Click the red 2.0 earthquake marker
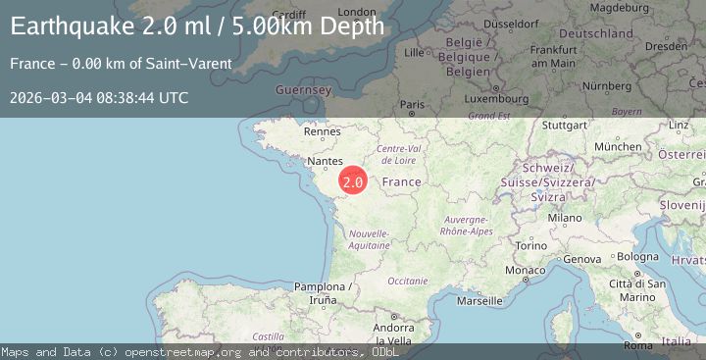pos(353,181)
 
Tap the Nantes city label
pos(324,160)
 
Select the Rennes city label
pos(322,130)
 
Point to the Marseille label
pos(479,301)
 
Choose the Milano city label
pos(565,218)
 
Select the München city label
pos(618,146)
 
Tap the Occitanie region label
pos(408,281)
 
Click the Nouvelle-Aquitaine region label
pos(370,239)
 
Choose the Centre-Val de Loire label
pos(399,153)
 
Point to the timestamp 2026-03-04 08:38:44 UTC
pos(99,97)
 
